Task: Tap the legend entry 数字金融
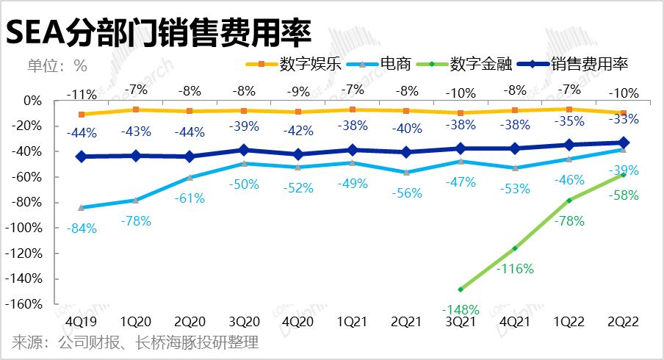tap(480, 64)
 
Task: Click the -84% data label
tap(81, 228)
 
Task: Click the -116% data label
tap(515, 269)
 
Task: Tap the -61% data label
tap(190, 198)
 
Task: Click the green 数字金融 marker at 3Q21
tap(461, 289)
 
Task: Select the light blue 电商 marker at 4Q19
tap(81, 207)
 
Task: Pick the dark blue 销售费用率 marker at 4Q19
tap(81, 156)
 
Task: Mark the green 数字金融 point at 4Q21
tap(516, 248)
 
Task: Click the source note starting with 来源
tap(135, 343)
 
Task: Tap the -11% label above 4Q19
tap(81, 94)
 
